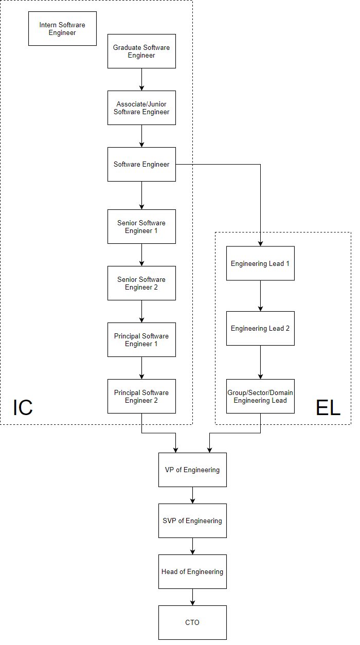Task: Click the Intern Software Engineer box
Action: [62, 28]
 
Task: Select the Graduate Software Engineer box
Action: [141, 51]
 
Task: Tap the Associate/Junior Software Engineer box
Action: [141, 107]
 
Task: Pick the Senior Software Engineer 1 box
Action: [141, 226]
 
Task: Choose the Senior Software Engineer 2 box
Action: [141, 283]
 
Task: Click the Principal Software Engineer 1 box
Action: [141, 339]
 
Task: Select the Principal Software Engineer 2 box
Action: [141, 396]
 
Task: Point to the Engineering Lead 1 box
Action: [260, 263]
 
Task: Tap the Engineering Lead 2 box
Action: [260, 328]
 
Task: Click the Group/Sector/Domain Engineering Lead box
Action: [260, 396]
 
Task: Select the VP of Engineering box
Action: [192, 470]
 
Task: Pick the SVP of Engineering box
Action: [192, 521]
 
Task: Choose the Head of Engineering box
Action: [192, 571]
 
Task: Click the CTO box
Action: [192, 622]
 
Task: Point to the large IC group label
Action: [23, 407]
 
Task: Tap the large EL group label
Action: [328, 407]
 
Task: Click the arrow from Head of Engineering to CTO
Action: [192, 597]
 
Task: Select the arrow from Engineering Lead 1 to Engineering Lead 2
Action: [260, 296]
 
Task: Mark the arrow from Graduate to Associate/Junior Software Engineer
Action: [141, 80]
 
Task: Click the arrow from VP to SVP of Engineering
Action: [192, 495]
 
